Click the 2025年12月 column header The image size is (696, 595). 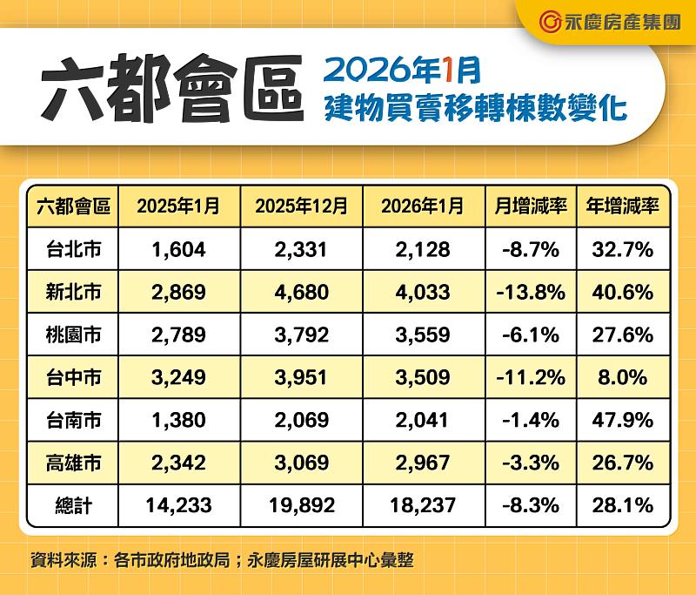pyautogui.click(x=302, y=206)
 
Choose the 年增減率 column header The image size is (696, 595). pyautogui.click(x=623, y=206)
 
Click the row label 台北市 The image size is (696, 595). pyautogui.click(x=73, y=250)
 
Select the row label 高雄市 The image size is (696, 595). pyautogui.click(x=73, y=463)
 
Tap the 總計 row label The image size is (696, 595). pyautogui.click(x=73, y=506)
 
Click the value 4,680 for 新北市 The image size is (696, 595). pyautogui.click(x=302, y=293)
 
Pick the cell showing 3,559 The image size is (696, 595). pyautogui.click(x=421, y=335)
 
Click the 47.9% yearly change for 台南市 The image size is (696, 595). pyautogui.click(x=623, y=421)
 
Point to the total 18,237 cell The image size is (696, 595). pyautogui.click(x=421, y=506)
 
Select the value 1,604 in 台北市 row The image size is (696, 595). pyautogui.click(x=178, y=250)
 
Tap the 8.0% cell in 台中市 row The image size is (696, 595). pyautogui.click(x=623, y=378)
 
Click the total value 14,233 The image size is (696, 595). pyautogui.click(x=178, y=506)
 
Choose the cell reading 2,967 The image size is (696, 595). pyautogui.click(x=421, y=463)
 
